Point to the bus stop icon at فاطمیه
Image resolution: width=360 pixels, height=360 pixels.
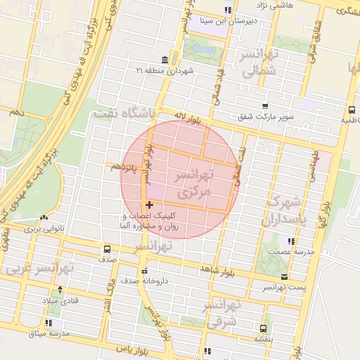point(352,110)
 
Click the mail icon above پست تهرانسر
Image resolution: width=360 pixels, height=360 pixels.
point(284,277)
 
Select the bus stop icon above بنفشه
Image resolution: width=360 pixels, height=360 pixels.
point(263,328)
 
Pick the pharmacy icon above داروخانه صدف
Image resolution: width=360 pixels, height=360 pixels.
point(145,271)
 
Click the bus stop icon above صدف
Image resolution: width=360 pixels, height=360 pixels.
point(107,249)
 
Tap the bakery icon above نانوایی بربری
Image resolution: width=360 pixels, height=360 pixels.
point(44,219)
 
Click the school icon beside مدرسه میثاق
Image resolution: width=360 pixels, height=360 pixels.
point(48,323)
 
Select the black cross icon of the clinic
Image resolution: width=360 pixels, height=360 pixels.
point(149,205)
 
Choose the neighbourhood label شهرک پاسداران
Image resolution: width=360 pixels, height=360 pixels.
point(285,211)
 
